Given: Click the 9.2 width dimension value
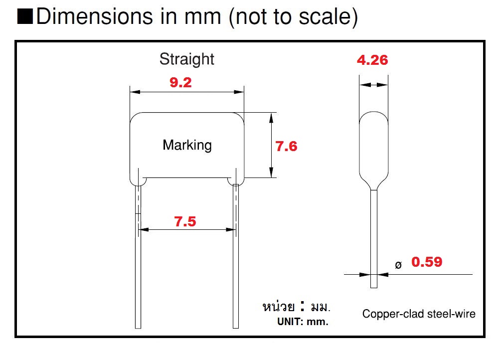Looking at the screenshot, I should tap(180, 82).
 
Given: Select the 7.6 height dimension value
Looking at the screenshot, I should tap(286, 146).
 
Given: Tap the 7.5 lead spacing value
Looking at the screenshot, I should tap(185, 221).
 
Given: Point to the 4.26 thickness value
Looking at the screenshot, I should tap(372, 60).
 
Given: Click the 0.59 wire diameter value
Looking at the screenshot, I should tap(426, 262).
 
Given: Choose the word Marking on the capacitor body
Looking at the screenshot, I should tap(187, 145).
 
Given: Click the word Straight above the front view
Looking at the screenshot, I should tap(186, 59).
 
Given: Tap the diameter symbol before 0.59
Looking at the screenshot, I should tap(398, 265).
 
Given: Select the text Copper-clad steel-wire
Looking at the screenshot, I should tap(419, 314).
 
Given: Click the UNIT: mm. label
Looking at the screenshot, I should tap(303, 322).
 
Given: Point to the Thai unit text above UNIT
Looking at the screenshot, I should tap(296, 306).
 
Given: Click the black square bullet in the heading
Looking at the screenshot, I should tap(25, 17).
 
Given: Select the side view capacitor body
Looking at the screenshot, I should tap(374, 150).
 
